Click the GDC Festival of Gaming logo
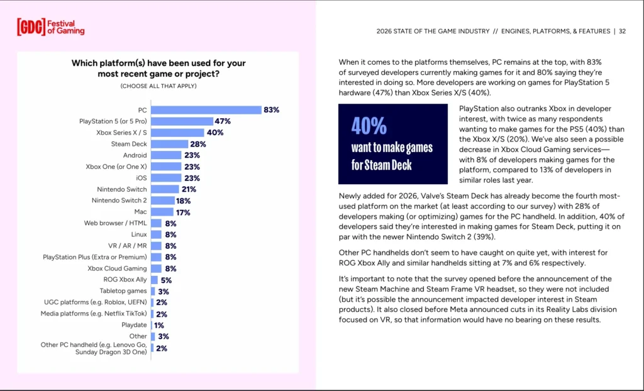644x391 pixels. [x=50, y=26]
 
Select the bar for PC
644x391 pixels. [x=206, y=110]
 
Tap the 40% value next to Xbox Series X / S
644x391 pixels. [x=215, y=133]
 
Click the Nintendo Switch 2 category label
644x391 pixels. [x=119, y=201]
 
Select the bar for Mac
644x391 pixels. [x=162, y=212]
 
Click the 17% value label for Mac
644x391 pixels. [x=184, y=212]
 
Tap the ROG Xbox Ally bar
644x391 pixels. [x=155, y=280]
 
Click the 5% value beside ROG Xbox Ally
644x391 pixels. [x=167, y=280]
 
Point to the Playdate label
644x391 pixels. [x=134, y=325]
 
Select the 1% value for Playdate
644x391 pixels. [x=159, y=325]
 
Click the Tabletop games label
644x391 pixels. [x=123, y=291]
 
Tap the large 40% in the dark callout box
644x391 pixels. [x=369, y=126]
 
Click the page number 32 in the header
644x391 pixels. [x=621, y=31]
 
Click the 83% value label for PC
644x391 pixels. [x=272, y=110]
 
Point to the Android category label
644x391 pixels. [x=135, y=155]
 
